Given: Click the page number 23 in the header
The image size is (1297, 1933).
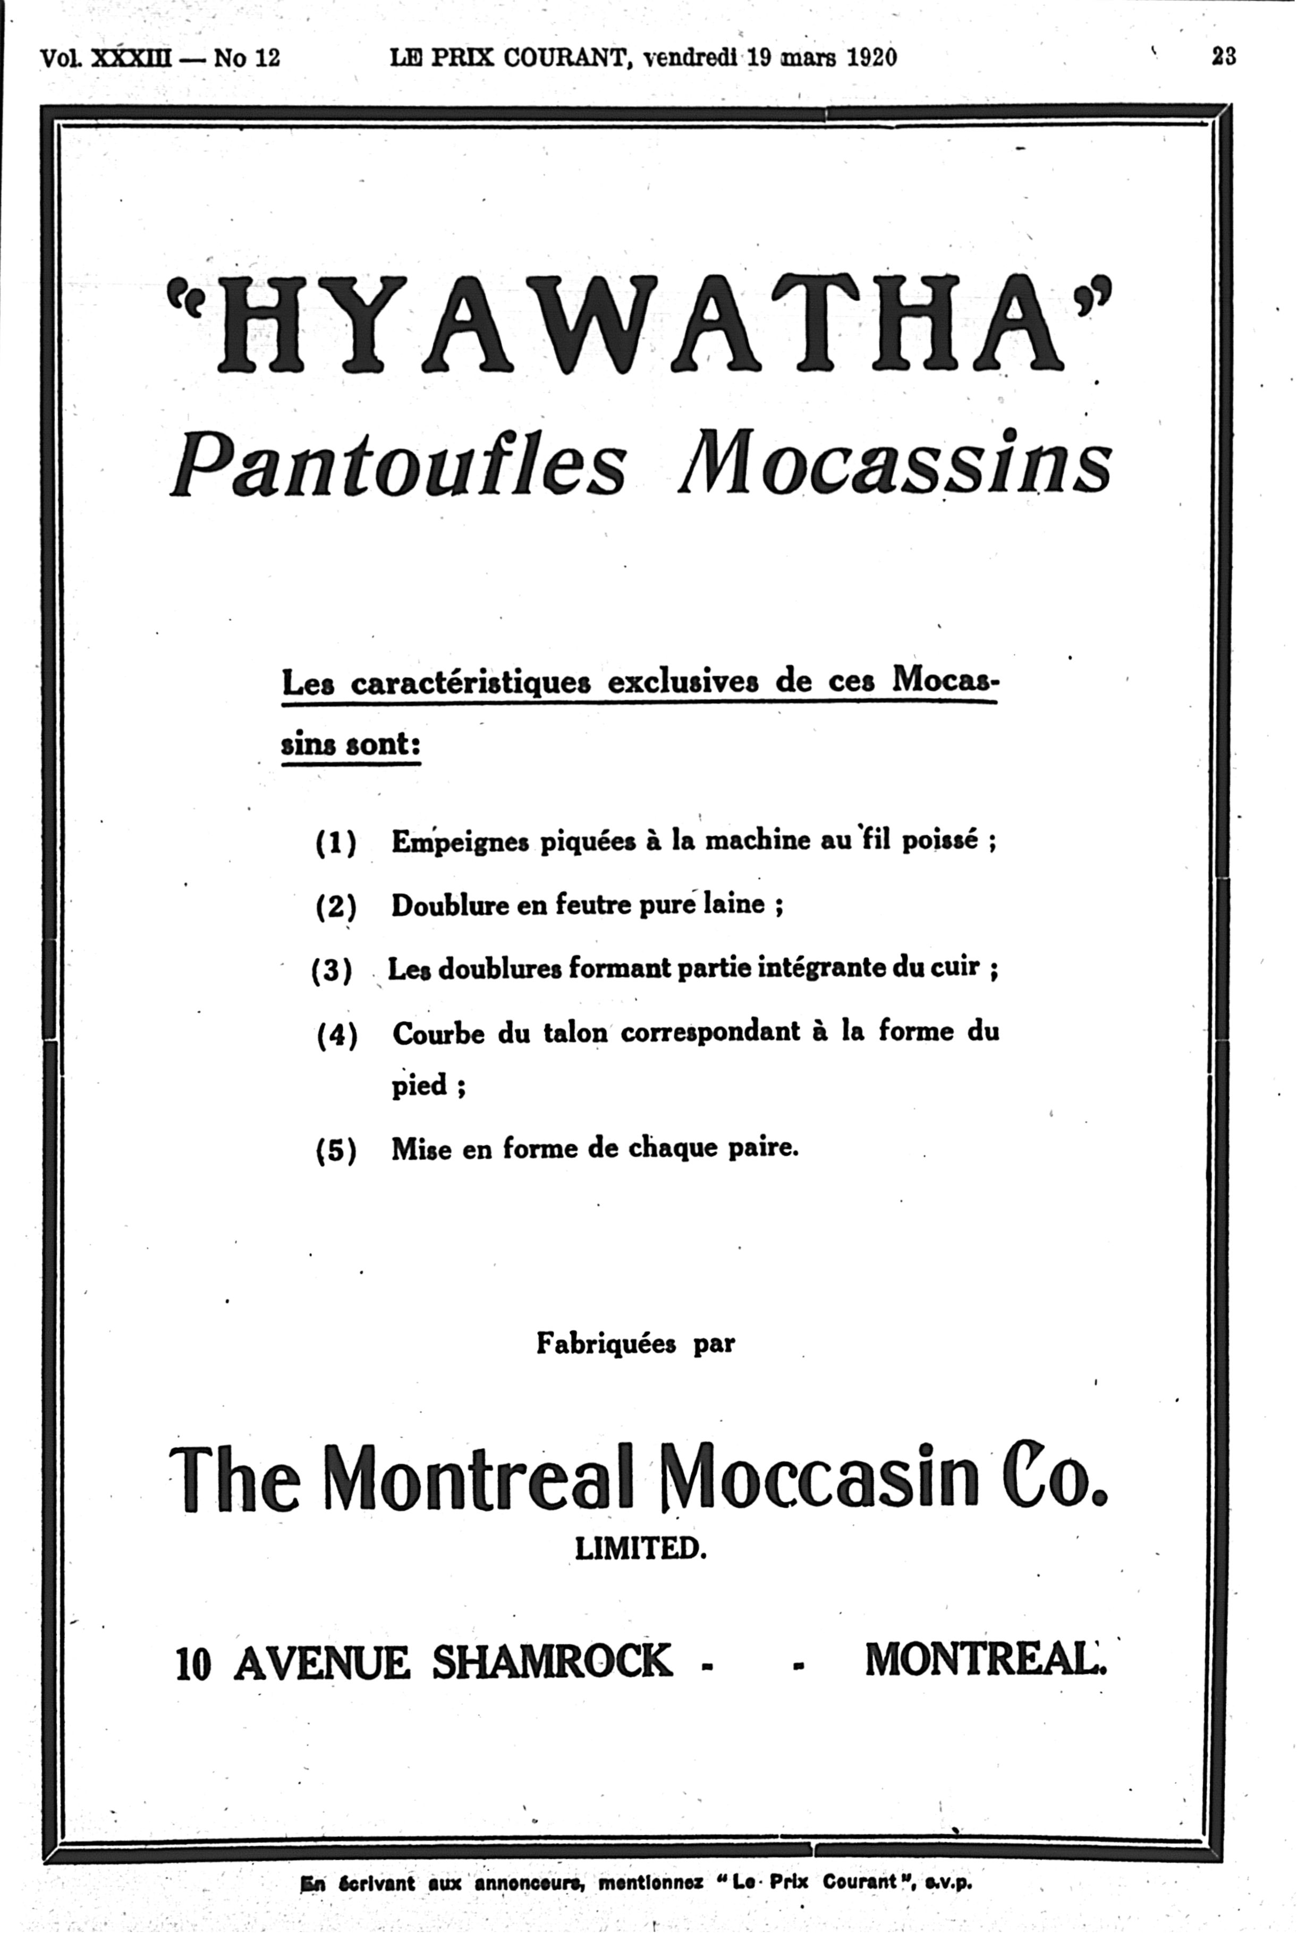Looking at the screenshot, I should point(1223,56).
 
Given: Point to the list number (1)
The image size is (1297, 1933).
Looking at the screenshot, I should point(336,843).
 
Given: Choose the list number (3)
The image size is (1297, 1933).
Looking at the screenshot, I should point(332,969).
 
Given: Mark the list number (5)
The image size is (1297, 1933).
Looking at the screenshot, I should point(336,1151).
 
